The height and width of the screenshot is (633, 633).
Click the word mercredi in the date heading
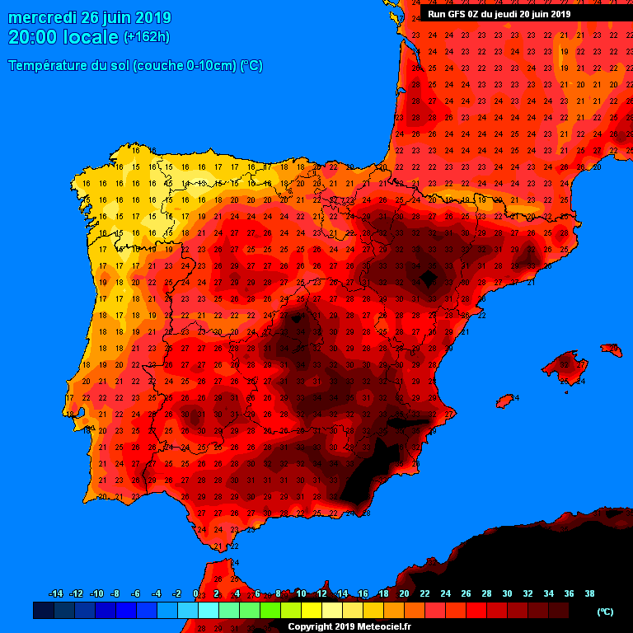(42, 17)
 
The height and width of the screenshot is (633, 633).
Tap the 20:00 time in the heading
(33, 37)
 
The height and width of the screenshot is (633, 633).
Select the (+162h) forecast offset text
(147, 37)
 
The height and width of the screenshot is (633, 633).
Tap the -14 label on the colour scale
(56, 593)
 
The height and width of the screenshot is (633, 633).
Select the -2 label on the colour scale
(176, 593)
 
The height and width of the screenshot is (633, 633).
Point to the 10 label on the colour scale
(301, 593)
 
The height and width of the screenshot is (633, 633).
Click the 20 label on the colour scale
(404, 593)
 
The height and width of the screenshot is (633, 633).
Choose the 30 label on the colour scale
(507, 593)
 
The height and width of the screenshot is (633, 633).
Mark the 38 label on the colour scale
(589, 593)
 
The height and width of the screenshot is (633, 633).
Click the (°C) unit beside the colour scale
(605, 612)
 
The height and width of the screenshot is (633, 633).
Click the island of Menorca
(612, 349)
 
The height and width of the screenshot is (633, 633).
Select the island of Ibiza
(506, 401)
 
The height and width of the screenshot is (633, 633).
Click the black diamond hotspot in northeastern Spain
(428, 278)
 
